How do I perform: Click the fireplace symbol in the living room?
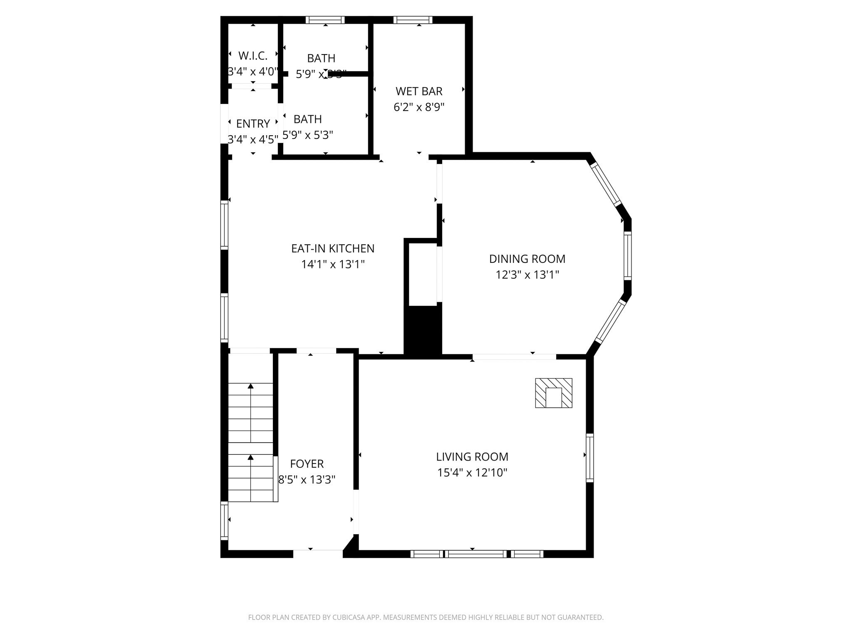click(x=553, y=393)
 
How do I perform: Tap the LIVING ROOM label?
click(x=472, y=457)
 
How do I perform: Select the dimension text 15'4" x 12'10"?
click(x=472, y=473)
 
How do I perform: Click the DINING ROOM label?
click(x=527, y=259)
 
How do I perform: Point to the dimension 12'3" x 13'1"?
click(x=527, y=275)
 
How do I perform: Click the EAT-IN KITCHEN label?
click(x=333, y=248)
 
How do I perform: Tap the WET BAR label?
click(x=419, y=91)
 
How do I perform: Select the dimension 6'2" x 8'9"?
click(x=419, y=107)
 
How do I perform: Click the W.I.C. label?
click(x=253, y=55)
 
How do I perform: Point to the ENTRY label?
click(x=253, y=124)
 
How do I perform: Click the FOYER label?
click(x=307, y=463)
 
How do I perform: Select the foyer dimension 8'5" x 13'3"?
click(x=307, y=480)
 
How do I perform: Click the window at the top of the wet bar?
click(x=413, y=20)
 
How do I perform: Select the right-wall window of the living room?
click(x=589, y=458)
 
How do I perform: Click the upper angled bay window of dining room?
click(x=605, y=183)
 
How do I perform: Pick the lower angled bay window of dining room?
click(x=611, y=322)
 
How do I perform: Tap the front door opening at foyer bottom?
click(x=318, y=553)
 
